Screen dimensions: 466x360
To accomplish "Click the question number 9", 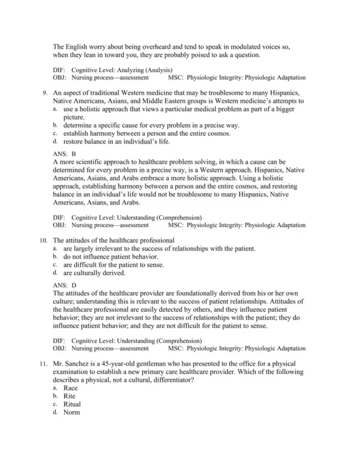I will [x=44, y=93].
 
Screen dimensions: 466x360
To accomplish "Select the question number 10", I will [x=43, y=240].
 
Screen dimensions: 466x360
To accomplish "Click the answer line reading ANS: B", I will [x=65, y=154].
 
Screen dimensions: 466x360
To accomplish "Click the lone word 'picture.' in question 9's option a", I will [x=75, y=117].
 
